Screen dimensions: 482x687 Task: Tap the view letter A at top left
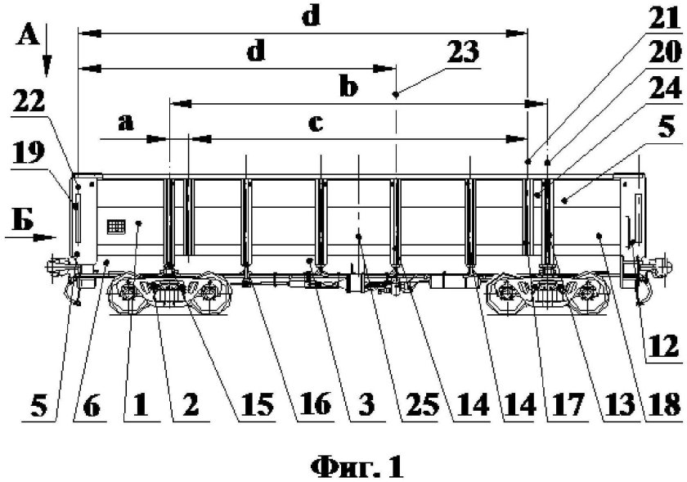[x=28, y=35]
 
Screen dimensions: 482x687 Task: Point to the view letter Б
[x=24, y=218]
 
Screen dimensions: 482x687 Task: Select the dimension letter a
[x=125, y=123]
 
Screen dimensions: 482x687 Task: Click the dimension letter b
[x=349, y=88]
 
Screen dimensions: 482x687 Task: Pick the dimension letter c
[x=316, y=124]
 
